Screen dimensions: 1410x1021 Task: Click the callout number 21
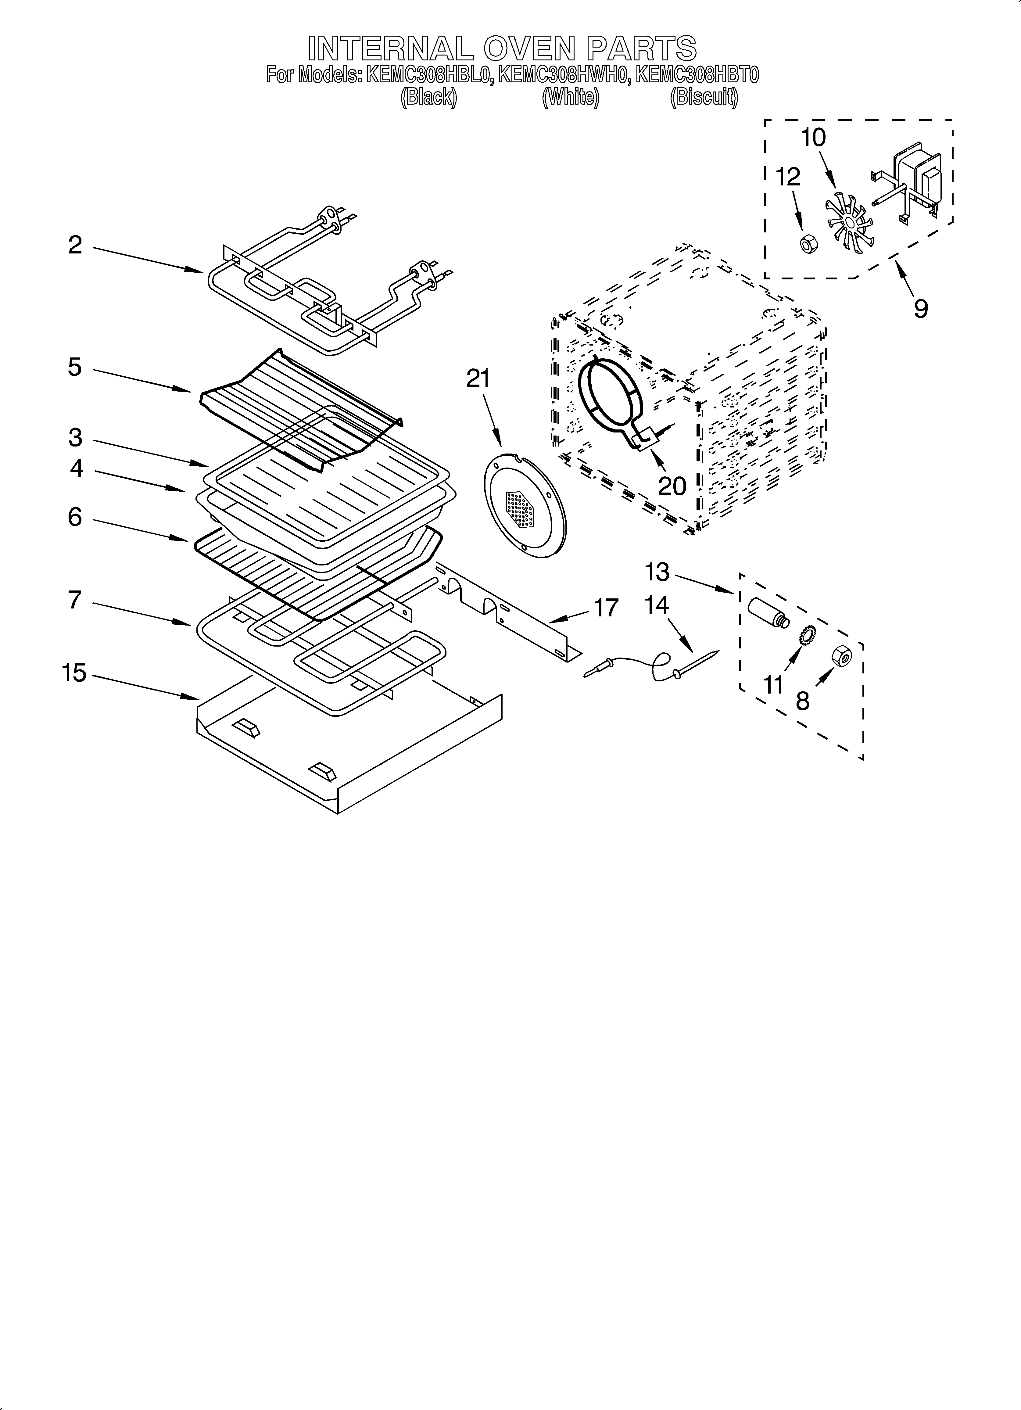click(478, 379)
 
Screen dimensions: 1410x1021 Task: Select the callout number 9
click(920, 308)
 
